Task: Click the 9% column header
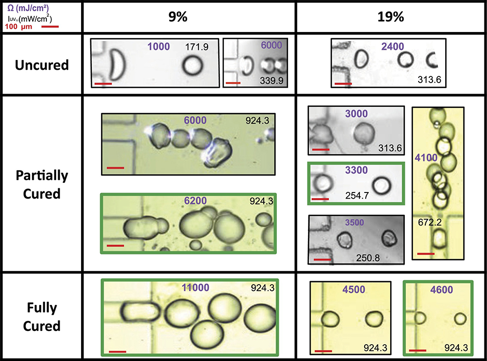pyautogui.click(x=178, y=17)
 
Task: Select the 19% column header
pyautogui.click(x=391, y=17)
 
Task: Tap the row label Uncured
pyautogui.click(x=42, y=65)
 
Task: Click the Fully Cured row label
pyautogui.click(x=42, y=317)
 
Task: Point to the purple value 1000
pyautogui.click(x=159, y=46)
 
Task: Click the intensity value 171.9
pyautogui.click(x=197, y=47)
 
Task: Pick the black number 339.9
pyautogui.click(x=271, y=80)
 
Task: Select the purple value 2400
pyautogui.click(x=393, y=46)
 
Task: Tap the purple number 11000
pyautogui.click(x=195, y=288)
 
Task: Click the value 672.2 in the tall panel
pyautogui.click(x=429, y=222)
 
